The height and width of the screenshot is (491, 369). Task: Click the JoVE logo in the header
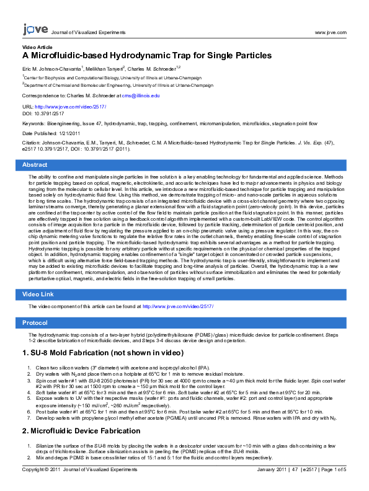[x=35, y=29]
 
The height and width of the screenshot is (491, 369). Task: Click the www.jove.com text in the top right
[x=331, y=33]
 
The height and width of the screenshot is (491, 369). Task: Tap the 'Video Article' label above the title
[x=37, y=47]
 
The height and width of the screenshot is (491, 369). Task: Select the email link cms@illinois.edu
[x=141, y=96]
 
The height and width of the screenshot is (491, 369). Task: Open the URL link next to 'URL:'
[x=71, y=107]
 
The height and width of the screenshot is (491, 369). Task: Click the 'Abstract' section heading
[x=35, y=165]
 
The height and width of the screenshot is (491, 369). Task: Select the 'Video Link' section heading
[x=38, y=294]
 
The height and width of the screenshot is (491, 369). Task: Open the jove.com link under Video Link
[x=178, y=306]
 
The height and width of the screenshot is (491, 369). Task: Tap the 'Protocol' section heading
[x=35, y=323]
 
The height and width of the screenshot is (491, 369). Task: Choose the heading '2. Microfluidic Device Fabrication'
[x=81, y=431]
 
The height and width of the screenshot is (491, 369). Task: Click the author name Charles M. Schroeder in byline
[x=151, y=69]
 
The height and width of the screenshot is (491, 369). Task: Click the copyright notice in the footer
[x=79, y=470]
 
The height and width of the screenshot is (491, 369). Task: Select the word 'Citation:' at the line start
[x=32, y=143]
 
